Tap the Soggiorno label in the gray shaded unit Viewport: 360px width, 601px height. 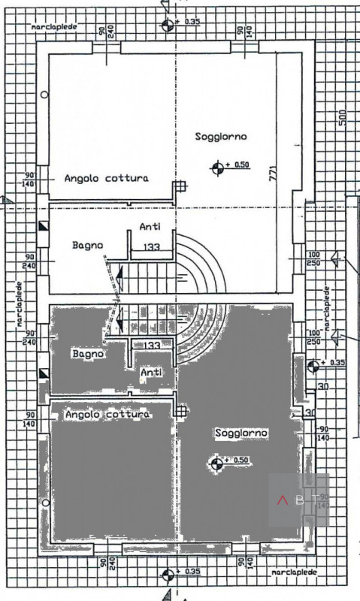pyautogui.click(x=241, y=433)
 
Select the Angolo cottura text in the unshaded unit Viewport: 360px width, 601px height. pyautogui.click(x=106, y=178)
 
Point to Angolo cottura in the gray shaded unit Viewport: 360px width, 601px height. pyautogui.click(x=107, y=414)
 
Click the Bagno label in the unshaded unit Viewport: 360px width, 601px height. pyautogui.click(x=88, y=245)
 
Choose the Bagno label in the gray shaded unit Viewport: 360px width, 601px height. pyautogui.click(x=87, y=352)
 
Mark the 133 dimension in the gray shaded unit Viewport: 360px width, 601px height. pyautogui.click(x=151, y=345)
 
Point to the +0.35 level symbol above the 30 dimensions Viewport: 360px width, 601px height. pyautogui.click(x=313, y=366)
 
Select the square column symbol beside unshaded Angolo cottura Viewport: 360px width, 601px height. pyautogui.click(x=179, y=188)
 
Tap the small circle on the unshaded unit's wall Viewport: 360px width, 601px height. pyautogui.click(x=45, y=95)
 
